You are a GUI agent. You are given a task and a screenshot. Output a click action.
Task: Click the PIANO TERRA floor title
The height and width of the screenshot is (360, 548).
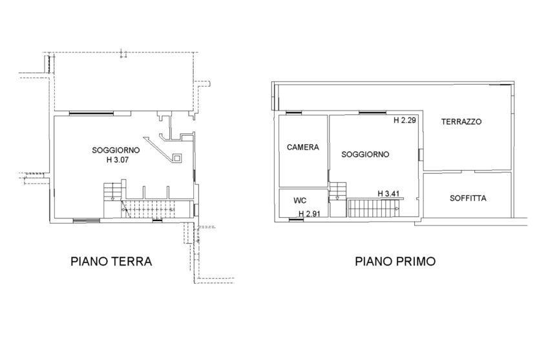click(111, 262)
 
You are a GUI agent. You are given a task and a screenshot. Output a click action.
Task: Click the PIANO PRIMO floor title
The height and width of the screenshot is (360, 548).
click(395, 262)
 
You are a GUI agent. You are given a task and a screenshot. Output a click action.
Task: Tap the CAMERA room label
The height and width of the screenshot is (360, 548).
click(303, 147)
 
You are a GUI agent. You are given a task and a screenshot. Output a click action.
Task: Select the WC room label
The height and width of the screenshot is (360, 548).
click(300, 200)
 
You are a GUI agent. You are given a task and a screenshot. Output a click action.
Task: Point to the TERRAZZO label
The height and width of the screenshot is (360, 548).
click(461, 122)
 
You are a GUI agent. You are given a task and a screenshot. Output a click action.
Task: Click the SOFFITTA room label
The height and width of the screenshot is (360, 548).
click(468, 198)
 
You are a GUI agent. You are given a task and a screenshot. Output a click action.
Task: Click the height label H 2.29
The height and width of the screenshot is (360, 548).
click(405, 121)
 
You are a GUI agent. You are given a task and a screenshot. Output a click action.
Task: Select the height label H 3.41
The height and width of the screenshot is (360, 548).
click(388, 194)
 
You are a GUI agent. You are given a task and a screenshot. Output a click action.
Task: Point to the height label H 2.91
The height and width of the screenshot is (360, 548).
click(310, 213)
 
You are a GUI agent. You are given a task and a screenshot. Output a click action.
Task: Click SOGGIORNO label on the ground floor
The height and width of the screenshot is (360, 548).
click(116, 151)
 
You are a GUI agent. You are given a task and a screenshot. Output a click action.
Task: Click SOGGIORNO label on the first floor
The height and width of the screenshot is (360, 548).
click(365, 154)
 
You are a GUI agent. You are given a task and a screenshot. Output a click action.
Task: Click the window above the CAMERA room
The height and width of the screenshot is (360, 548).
click(293, 112)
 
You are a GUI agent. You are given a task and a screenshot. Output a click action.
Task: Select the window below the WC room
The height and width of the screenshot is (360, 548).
click(297, 220)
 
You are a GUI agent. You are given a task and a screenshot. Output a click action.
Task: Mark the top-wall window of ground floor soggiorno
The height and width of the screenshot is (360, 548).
click(91, 113)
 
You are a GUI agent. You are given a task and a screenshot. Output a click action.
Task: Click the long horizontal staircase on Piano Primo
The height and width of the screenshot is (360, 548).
click(374, 208)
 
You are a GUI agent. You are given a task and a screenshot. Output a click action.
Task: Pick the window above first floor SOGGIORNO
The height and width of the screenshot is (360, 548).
click(373, 112)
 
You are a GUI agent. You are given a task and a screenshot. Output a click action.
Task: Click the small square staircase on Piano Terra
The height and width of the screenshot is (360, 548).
click(112, 191)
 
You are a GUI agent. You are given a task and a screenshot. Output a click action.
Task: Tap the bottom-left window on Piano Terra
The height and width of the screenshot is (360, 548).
click(86, 220)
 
